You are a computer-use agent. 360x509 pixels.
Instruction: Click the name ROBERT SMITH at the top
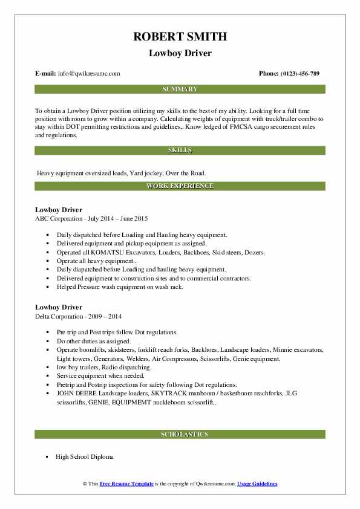click(180, 36)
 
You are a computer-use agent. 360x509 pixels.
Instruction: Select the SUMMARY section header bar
click(180, 89)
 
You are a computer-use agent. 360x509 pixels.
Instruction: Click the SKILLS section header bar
click(180, 150)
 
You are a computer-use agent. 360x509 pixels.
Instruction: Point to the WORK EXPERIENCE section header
click(180, 186)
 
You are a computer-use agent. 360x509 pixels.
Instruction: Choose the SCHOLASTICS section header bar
click(180, 434)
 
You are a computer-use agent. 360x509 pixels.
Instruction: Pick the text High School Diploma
click(84, 457)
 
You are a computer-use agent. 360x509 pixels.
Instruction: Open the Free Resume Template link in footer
click(125, 484)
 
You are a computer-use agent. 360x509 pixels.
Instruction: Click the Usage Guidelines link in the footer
click(257, 484)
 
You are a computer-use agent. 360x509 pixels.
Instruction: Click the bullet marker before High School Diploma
click(47, 458)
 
